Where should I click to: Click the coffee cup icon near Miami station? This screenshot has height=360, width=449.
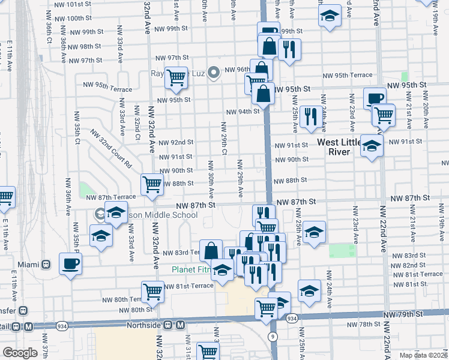[71, 263]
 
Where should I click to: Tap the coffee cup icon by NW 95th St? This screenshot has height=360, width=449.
[376, 98]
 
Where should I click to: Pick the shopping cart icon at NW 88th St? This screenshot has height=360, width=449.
[152, 184]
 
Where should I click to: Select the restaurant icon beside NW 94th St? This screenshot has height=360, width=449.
[310, 116]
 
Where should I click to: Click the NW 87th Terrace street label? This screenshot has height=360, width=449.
[111, 197]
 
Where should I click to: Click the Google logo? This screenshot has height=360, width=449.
[20, 353]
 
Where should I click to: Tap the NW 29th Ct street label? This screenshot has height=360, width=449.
[223, 138]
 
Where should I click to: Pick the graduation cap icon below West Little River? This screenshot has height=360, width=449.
[372, 146]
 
